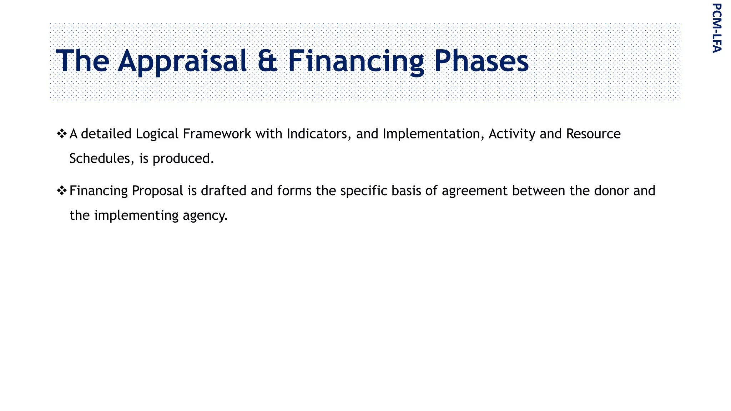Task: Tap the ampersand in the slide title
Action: coord(267,61)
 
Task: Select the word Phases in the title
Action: coord(481,61)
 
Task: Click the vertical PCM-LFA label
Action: coord(717,28)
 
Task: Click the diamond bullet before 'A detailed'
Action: coord(62,134)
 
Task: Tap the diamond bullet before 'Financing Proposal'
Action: coord(62,191)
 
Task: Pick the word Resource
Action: coord(593,134)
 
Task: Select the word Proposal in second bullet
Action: coord(157,191)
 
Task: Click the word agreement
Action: coord(474,191)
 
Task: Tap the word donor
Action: coord(612,191)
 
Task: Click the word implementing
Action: coord(136,216)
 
